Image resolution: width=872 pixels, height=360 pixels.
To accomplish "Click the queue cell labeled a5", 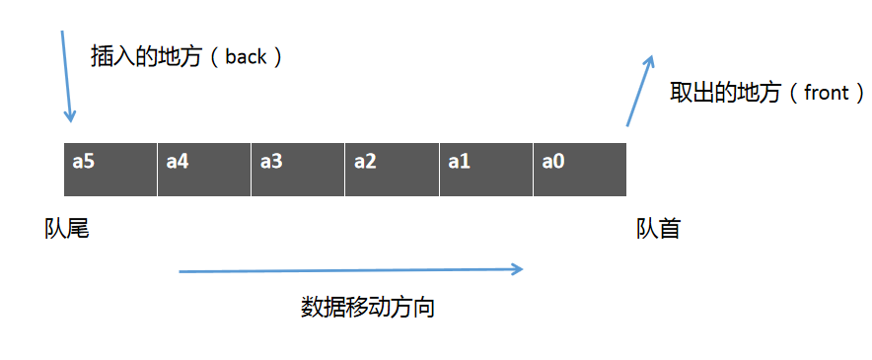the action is (110, 169).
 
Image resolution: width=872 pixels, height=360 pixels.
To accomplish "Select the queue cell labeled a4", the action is (204, 169).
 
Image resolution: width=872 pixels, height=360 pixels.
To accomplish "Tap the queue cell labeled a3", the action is (298, 169).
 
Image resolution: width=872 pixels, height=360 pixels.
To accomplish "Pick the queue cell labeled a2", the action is (392, 169).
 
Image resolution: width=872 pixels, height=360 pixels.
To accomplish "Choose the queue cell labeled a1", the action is (486, 169).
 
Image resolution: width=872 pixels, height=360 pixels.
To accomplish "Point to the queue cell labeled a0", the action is (580, 169).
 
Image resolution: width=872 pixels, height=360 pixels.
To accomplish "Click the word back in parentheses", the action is (246, 57).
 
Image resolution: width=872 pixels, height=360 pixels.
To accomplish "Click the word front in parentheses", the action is (826, 94).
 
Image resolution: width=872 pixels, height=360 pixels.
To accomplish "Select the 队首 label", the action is (658, 229).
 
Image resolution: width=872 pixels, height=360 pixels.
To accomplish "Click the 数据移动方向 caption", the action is (368, 308).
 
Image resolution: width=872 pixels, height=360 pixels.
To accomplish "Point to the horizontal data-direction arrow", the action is (350, 268).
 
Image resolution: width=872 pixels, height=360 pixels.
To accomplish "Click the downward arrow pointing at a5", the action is (66, 77).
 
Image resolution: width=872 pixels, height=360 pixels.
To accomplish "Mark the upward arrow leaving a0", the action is (639, 91).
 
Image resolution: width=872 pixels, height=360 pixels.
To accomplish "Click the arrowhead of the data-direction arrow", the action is (517, 268).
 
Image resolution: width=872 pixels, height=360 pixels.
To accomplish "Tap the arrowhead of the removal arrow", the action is (649, 61).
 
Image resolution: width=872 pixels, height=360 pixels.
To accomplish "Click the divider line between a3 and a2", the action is (345, 169).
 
